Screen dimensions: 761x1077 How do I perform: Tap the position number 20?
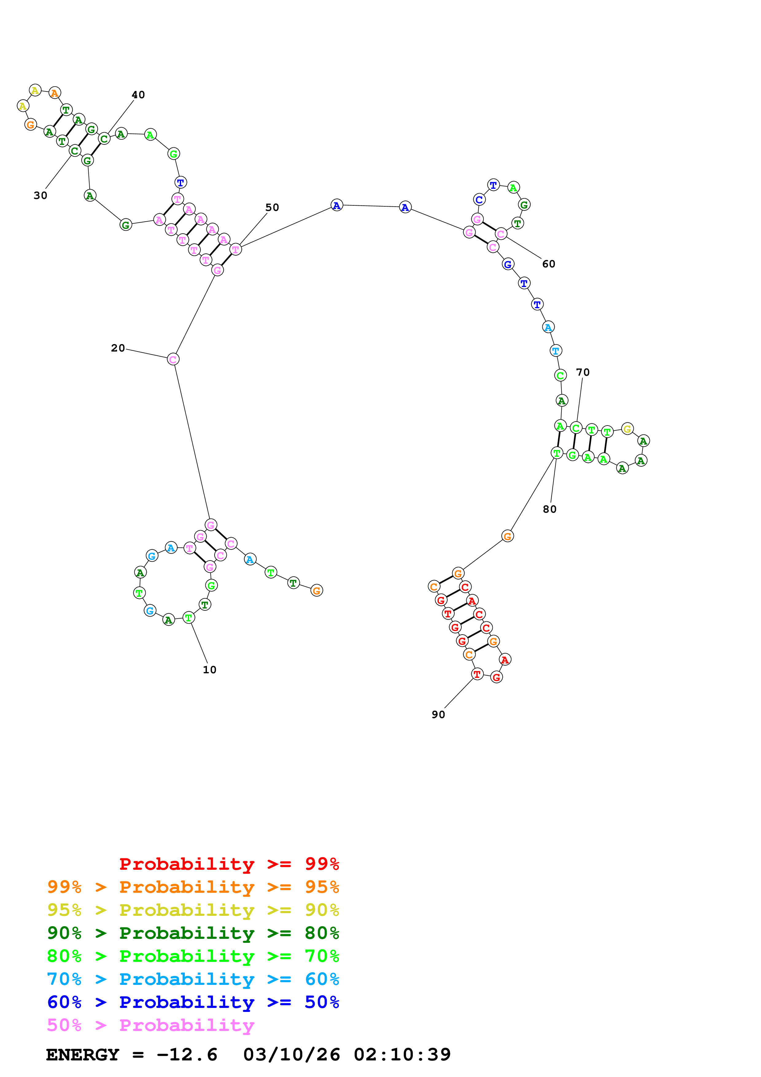coord(118,348)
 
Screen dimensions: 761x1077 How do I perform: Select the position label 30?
coord(40,196)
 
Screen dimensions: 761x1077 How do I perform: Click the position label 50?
coord(272,207)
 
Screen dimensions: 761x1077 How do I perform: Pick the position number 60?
coord(548,264)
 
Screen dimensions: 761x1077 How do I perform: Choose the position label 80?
coord(549,509)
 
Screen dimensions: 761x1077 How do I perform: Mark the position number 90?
coord(438,714)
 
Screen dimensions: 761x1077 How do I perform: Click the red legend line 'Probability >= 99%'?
coord(229,864)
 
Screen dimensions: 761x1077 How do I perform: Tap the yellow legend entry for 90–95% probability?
coord(193,910)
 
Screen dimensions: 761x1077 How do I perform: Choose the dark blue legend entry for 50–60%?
coord(193,1002)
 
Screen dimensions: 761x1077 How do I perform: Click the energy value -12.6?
coord(187,1055)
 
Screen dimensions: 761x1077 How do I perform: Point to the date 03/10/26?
coord(291,1055)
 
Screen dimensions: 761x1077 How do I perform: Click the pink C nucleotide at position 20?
coord(173,359)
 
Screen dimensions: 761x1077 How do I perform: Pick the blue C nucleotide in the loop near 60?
coord(479,200)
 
